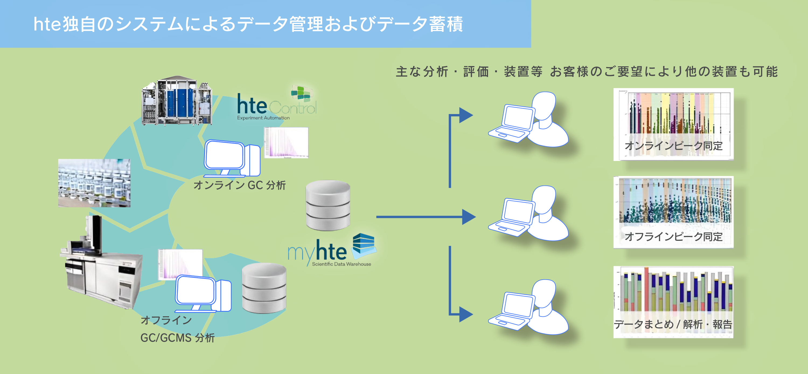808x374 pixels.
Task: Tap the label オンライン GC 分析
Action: tap(240, 185)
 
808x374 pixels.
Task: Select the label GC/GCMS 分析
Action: tap(177, 338)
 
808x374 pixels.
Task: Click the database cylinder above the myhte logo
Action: tap(328, 205)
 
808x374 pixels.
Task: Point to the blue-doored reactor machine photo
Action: tap(177, 101)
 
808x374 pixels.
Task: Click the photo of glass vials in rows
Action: tap(94, 183)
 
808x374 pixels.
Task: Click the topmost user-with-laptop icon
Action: tap(528, 119)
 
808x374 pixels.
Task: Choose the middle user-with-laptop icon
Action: tap(528, 213)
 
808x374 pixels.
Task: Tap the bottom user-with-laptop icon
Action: tap(528, 307)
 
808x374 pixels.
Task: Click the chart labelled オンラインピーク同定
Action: tap(673, 124)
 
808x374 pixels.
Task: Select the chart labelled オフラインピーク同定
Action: tap(673, 212)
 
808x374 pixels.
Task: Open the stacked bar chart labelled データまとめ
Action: tap(673, 302)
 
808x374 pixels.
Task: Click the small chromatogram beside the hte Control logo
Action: tap(286, 142)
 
